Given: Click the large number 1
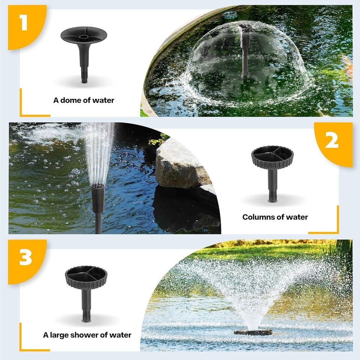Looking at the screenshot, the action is click(23, 22).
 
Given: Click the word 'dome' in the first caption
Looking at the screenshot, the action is click(69, 100).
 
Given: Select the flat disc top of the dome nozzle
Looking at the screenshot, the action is click(84, 35).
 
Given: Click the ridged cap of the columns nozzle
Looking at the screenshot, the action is click(272, 157).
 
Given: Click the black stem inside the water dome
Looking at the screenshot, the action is click(245, 52).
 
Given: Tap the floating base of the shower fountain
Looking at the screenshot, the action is click(253, 332).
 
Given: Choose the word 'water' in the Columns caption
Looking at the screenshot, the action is click(297, 217).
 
